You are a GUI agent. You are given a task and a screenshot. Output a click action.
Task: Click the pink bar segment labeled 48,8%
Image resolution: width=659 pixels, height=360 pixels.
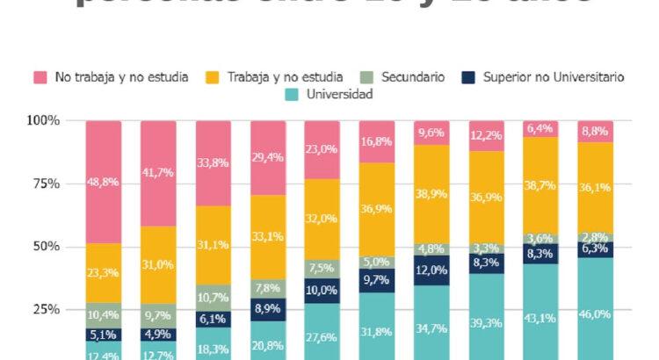point(103,182)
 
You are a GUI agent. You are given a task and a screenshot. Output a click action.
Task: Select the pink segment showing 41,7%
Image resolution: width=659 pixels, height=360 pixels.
point(158,173)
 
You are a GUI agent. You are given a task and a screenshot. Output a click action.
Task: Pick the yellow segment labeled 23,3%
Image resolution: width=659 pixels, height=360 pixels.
point(103,273)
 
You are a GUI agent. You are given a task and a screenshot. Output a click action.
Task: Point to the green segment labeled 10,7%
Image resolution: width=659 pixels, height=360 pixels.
point(213,298)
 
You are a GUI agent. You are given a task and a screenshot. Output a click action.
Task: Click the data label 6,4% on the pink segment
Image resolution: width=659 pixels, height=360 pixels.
point(540,128)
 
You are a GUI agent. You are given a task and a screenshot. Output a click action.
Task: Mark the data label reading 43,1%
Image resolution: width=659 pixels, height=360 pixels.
point(540,318)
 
